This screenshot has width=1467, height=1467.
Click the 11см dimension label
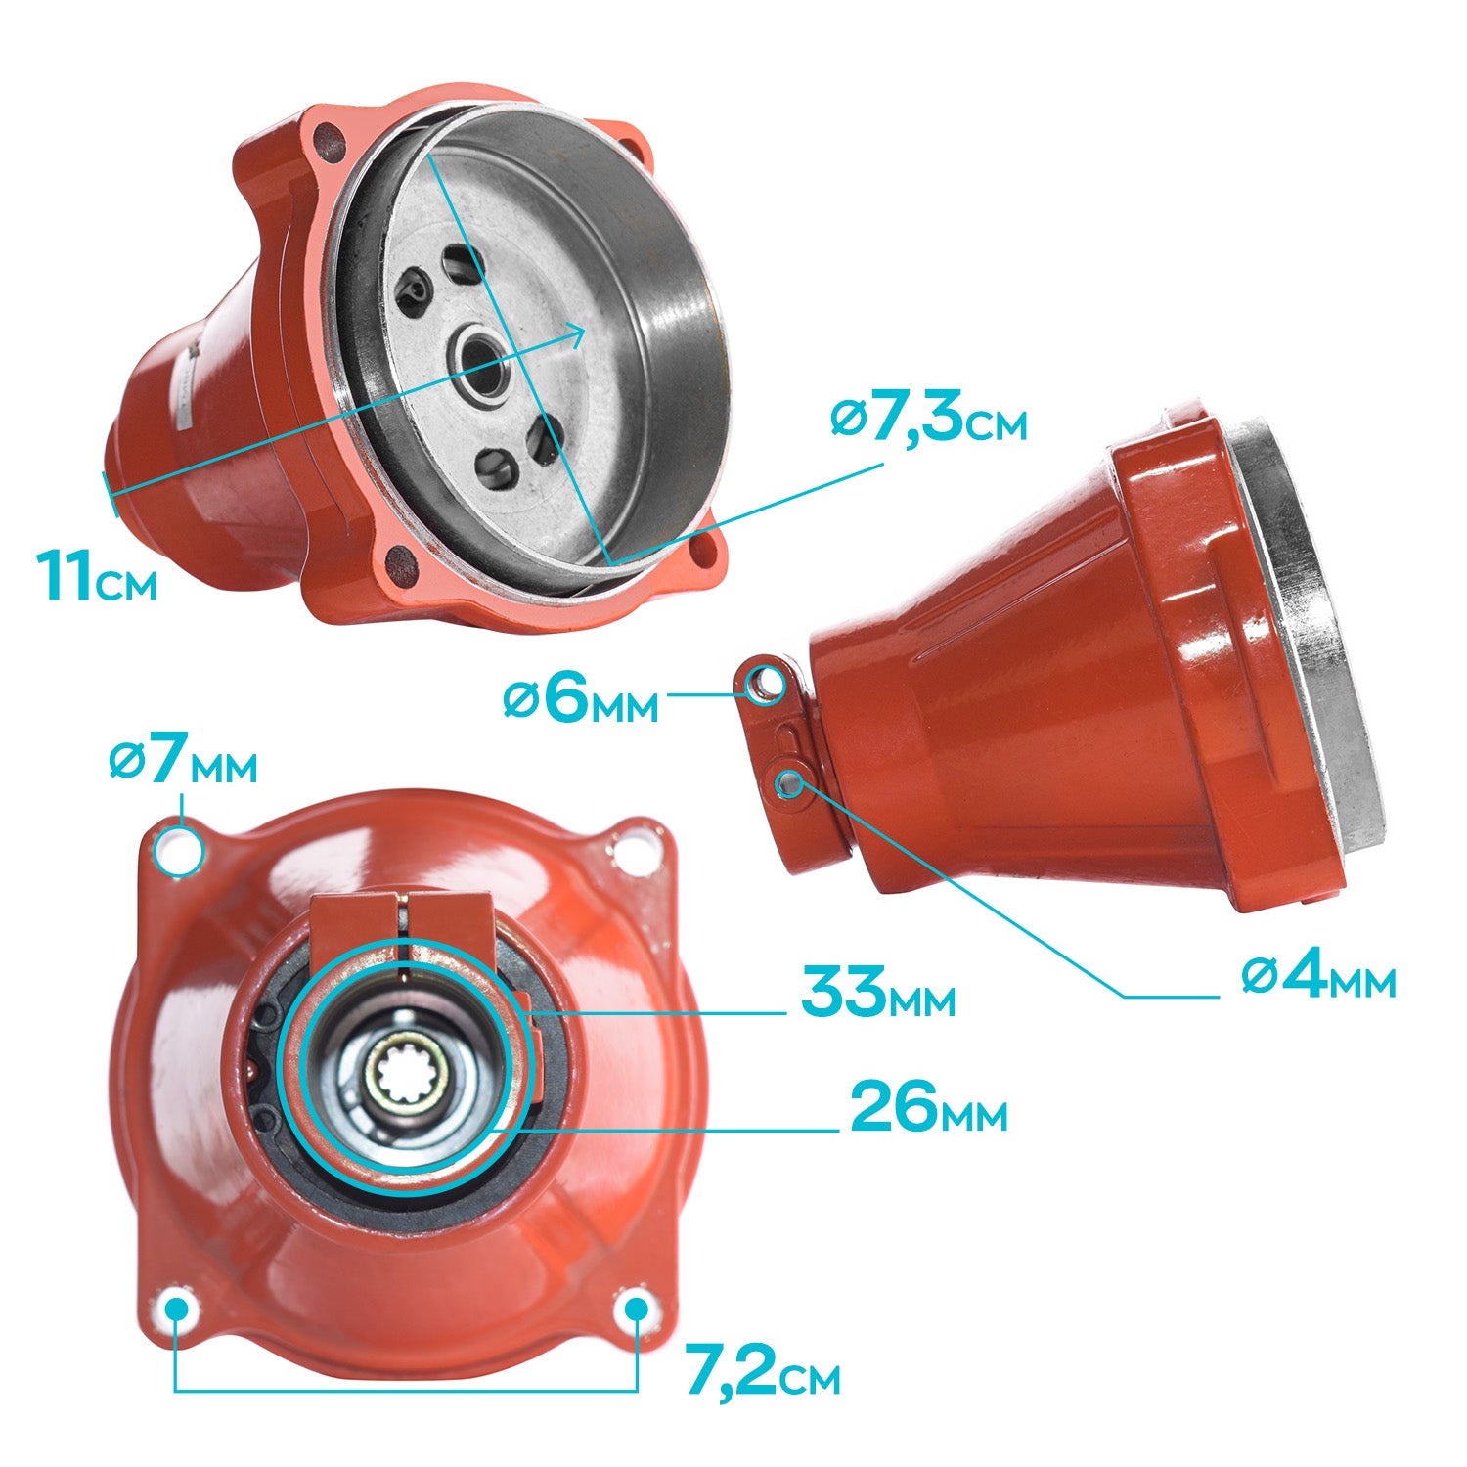point(97,576)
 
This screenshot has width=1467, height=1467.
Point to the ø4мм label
point(1318,976)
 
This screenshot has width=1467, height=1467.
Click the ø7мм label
point(183,763)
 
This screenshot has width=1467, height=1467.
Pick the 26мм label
point(928,1108)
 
